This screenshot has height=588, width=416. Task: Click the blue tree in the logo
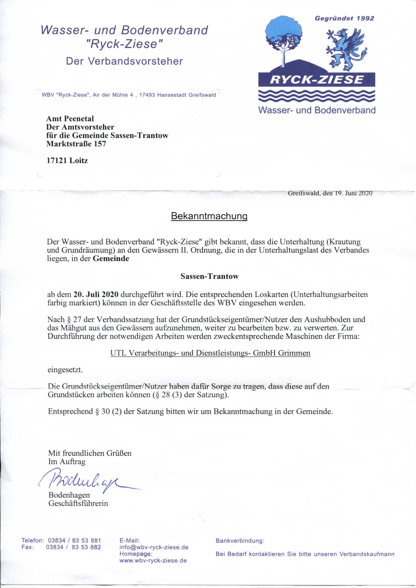[x=283, y=36]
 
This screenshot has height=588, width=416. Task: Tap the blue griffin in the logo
[x=346, y=49]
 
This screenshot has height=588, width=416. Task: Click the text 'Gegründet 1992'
[x=344, y=18]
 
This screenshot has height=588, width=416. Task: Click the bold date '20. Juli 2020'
[x=96, y=295]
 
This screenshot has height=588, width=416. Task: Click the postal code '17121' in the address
[x=57, y=161]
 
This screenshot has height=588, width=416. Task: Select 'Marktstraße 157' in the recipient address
[x=76, y=144]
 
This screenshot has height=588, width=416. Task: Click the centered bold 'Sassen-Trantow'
[x=209, y=276]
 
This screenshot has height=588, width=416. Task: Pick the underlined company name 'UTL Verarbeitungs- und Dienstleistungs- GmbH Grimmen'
[x=210, y=353]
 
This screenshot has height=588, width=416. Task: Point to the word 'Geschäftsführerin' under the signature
[x=78, y=504]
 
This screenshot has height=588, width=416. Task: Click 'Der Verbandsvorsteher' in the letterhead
[x=124, y=61]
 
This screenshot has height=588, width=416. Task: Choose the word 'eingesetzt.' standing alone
[x=65, y=370]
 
